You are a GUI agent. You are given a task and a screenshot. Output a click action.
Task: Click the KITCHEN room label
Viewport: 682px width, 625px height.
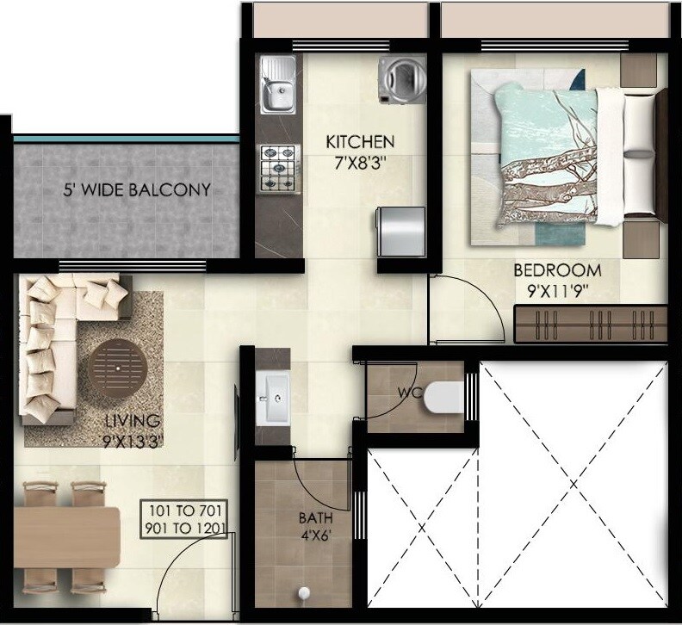tap(359, 141)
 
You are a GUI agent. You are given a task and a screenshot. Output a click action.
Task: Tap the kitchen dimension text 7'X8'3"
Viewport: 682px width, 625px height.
tap(359, 162)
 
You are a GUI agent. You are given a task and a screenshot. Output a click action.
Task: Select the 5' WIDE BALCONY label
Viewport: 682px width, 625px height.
tap(137, 189)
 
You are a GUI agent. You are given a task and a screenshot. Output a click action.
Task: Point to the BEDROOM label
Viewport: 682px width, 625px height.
tap(557, 270)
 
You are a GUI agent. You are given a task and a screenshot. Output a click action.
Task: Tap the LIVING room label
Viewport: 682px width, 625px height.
tap(132, 421)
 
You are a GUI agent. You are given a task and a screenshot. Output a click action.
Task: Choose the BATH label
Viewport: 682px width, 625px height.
tap(314, 518)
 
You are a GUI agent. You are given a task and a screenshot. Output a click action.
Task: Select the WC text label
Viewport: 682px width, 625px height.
tap(409, 393)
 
